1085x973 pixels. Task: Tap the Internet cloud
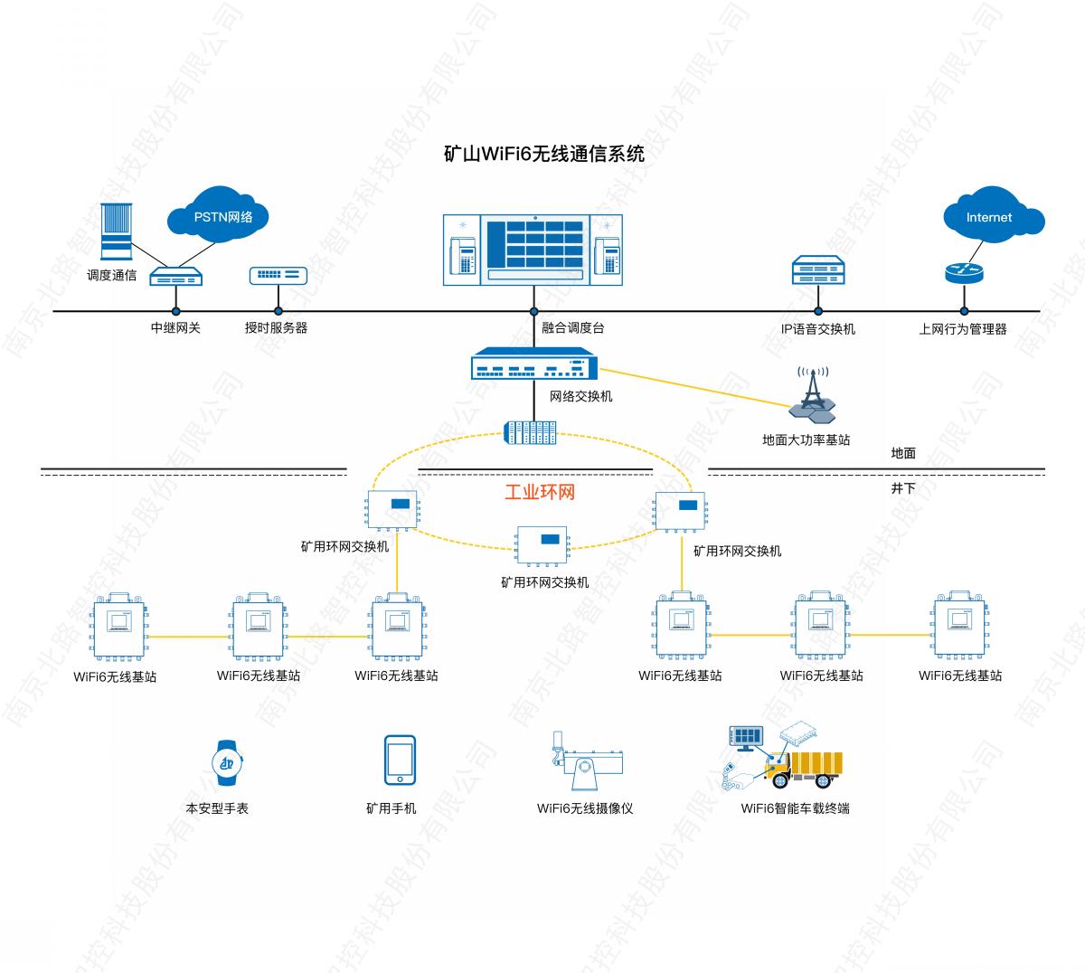pos(992,217)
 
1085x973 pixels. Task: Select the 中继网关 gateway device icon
pos(175,277)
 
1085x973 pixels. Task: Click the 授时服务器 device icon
pos(278,276)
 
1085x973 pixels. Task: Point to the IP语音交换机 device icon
pos(818,269)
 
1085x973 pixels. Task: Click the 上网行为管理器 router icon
pos(963,272)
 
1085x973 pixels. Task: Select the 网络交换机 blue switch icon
pos(534,366)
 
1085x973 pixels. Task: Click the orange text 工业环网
pos(539,492)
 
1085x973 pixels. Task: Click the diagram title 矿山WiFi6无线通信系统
pos(544,154)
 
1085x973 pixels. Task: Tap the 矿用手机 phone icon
pos(400,761)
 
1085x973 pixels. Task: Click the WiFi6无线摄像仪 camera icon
pos(584,765)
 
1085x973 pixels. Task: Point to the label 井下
pos(903,488)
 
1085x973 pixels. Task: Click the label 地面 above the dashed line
pos(903,454)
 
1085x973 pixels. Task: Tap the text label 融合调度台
pos(572,328)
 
